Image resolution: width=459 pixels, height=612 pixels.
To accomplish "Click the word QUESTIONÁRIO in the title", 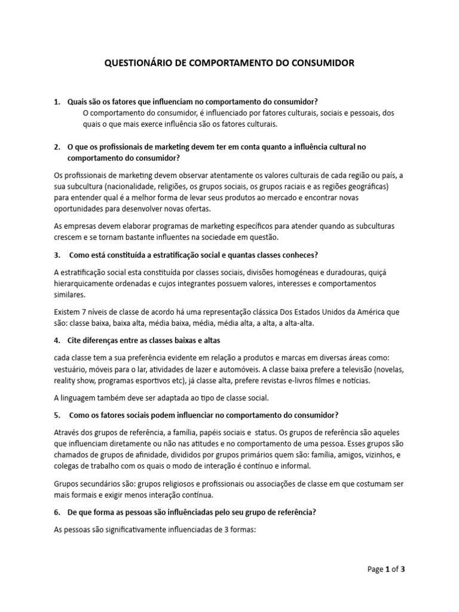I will coord(135,63).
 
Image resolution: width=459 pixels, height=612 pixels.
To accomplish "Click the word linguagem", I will coord(82,397).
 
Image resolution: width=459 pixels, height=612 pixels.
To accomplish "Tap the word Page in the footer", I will coord(375,570).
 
